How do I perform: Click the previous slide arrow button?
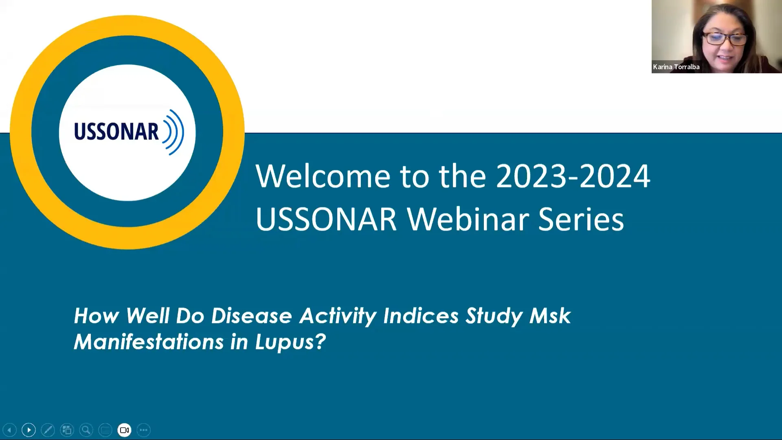coord(9,430)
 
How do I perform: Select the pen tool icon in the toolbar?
coord(48,430)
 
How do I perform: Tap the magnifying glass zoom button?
coord(86,430)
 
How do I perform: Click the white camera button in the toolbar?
coord(124,430)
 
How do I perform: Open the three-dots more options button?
coord(143,430)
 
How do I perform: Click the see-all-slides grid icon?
coord(67,430)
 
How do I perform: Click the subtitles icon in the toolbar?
coord(105,430)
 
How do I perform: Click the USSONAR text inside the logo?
coord(116,132)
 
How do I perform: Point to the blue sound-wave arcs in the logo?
coord(174,132)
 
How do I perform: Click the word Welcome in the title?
coord(323,176)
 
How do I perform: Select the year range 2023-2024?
coord(573,176)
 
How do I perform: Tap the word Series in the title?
coord(581,219)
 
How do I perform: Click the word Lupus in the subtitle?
coord(290,341)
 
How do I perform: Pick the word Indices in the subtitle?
coord(421,316)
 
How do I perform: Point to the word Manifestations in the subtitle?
coord(149,341)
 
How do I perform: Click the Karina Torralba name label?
coord(676,67)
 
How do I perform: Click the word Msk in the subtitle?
coord(550,316)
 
